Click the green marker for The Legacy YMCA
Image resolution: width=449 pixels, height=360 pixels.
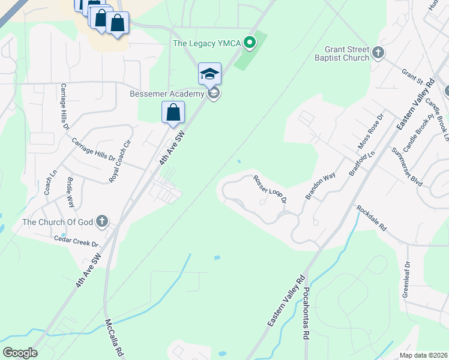coord(253,43)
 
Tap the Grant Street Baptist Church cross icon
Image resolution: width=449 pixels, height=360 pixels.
coord(378,53)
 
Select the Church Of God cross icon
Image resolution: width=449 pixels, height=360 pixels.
coord(102,222)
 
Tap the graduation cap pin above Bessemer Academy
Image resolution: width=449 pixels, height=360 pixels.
coord(209,74)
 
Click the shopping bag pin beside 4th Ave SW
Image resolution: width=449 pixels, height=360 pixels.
coord(173,112)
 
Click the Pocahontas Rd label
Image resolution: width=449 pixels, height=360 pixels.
coord(306,314)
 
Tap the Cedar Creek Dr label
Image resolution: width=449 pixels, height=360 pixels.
coord(76,241)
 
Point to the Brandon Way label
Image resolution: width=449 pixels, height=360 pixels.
coord(319,187)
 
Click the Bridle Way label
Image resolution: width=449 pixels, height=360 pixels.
coord(70,192)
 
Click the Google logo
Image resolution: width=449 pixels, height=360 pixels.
coord(20,353)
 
